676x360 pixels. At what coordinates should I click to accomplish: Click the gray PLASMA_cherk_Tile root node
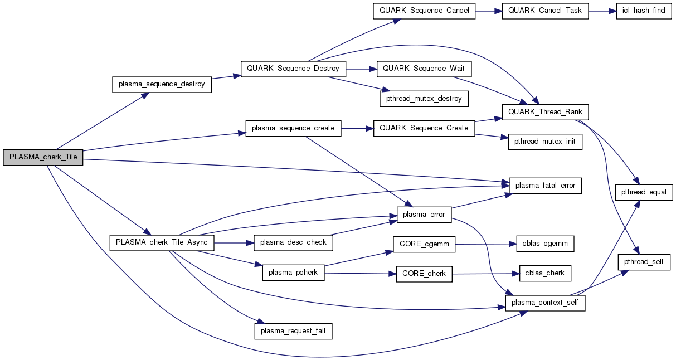coord(43,158)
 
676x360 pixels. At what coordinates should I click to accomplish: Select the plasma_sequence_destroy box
coord(162,85)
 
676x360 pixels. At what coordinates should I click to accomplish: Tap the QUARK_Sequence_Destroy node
coord(293,69)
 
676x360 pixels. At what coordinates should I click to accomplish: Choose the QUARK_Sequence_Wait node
coord(424,69)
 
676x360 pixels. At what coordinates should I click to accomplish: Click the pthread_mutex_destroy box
coord(424,99)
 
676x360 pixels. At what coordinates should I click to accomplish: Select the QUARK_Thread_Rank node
coord(545,112)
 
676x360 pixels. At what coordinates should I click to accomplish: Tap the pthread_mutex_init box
coord(545,142)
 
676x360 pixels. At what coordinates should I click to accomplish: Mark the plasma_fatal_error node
coord(545,185)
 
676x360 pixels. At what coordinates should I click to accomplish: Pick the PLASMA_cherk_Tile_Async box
coord(162,242)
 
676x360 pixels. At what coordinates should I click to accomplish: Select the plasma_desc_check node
coord(294,242)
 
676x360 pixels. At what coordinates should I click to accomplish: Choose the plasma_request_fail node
coord(294,332)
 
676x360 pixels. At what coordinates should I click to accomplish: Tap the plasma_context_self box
coord(544,303)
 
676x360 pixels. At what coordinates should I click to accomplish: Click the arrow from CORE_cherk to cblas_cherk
coord(485,273)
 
